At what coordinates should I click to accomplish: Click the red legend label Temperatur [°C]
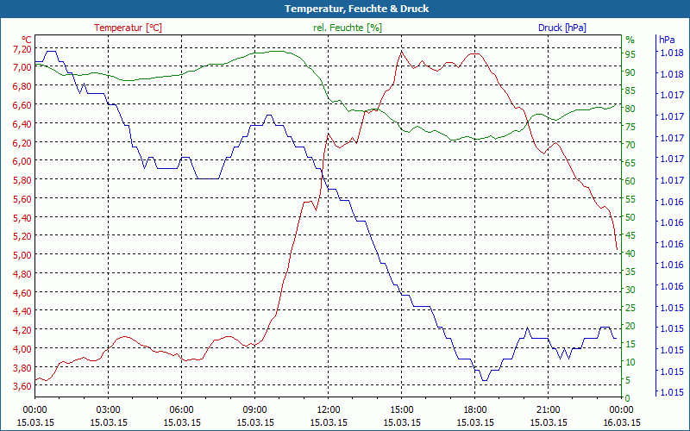point(128,28)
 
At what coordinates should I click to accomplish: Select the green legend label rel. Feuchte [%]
point(348,28)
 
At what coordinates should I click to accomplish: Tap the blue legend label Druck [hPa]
point(561,28)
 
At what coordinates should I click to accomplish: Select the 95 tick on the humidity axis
point(630,53)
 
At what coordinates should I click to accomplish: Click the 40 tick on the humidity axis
point(630,253)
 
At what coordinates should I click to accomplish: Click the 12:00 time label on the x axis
point(329,409)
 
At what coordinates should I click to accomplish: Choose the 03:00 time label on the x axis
point(108,409)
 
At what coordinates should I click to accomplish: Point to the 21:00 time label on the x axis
point(549,409)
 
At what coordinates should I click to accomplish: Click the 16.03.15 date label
point(622,422)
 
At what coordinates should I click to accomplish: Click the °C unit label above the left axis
point(27,40)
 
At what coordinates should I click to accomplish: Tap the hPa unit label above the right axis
point(667,40)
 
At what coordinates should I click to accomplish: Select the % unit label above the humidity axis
point(630,40)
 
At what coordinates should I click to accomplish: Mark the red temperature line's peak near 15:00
point(401,51)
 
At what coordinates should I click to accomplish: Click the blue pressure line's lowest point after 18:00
point(484,380)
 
